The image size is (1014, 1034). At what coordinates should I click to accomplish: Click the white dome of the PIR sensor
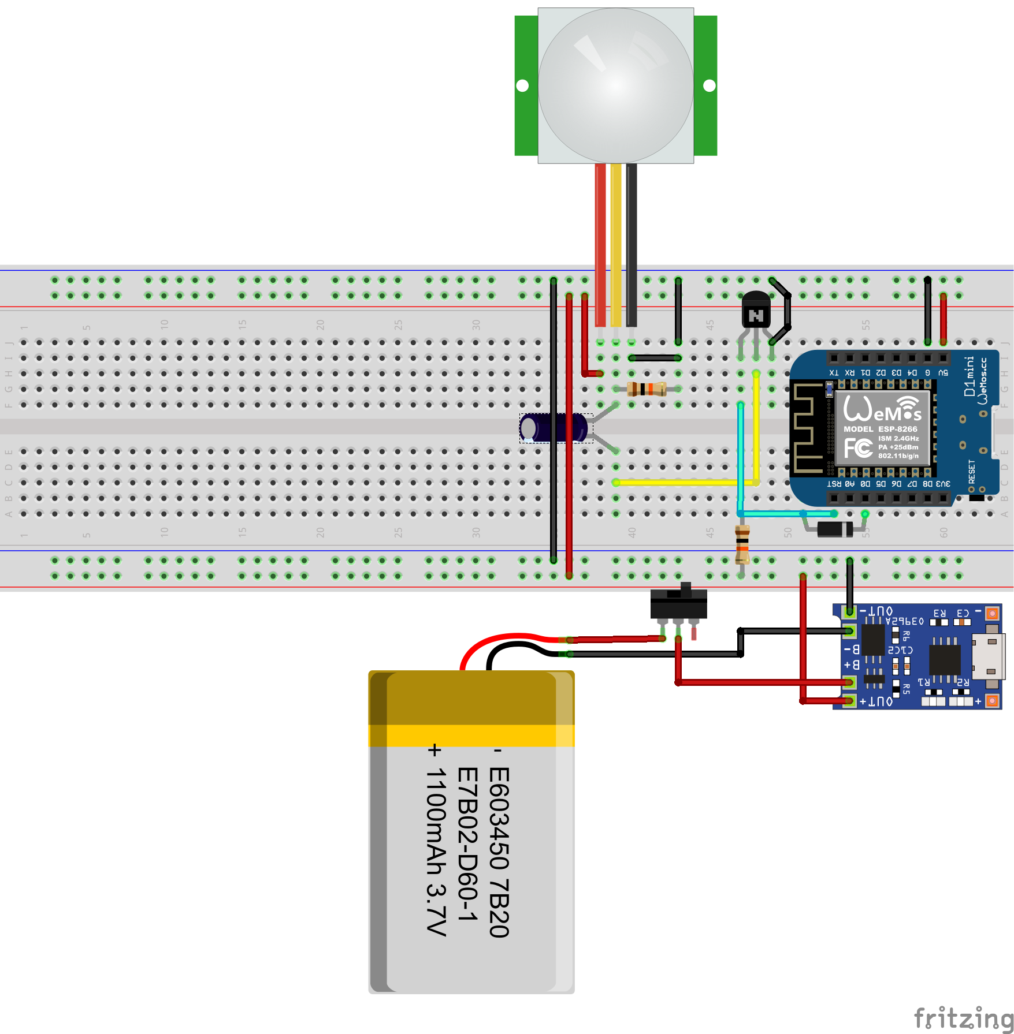(616, 85)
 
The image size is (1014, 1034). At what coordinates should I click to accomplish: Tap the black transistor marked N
(756, 312)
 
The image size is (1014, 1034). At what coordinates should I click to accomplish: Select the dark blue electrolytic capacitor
(553, 428)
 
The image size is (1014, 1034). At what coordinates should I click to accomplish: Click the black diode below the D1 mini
(835, 528)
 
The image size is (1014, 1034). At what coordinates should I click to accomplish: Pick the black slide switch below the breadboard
(678, 603)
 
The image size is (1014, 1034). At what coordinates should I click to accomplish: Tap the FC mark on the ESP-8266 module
(858, 448)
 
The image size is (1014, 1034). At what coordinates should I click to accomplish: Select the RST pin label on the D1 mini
(834, 484)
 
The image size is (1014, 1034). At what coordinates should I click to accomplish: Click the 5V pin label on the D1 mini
(943, 373)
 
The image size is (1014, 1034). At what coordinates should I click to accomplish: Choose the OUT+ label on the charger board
(876, 701)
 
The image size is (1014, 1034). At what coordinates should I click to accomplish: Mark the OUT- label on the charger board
(876, 611)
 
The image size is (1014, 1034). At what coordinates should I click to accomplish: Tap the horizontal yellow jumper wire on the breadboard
(685, 482)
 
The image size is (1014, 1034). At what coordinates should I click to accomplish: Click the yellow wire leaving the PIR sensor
(616, 242)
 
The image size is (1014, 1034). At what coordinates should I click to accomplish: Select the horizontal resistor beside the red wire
(647, 389)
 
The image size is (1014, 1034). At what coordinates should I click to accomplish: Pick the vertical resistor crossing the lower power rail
(742, 544)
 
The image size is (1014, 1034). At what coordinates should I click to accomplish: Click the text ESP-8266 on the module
(898, 429)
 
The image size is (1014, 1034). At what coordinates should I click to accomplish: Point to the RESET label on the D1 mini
(972, 472)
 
